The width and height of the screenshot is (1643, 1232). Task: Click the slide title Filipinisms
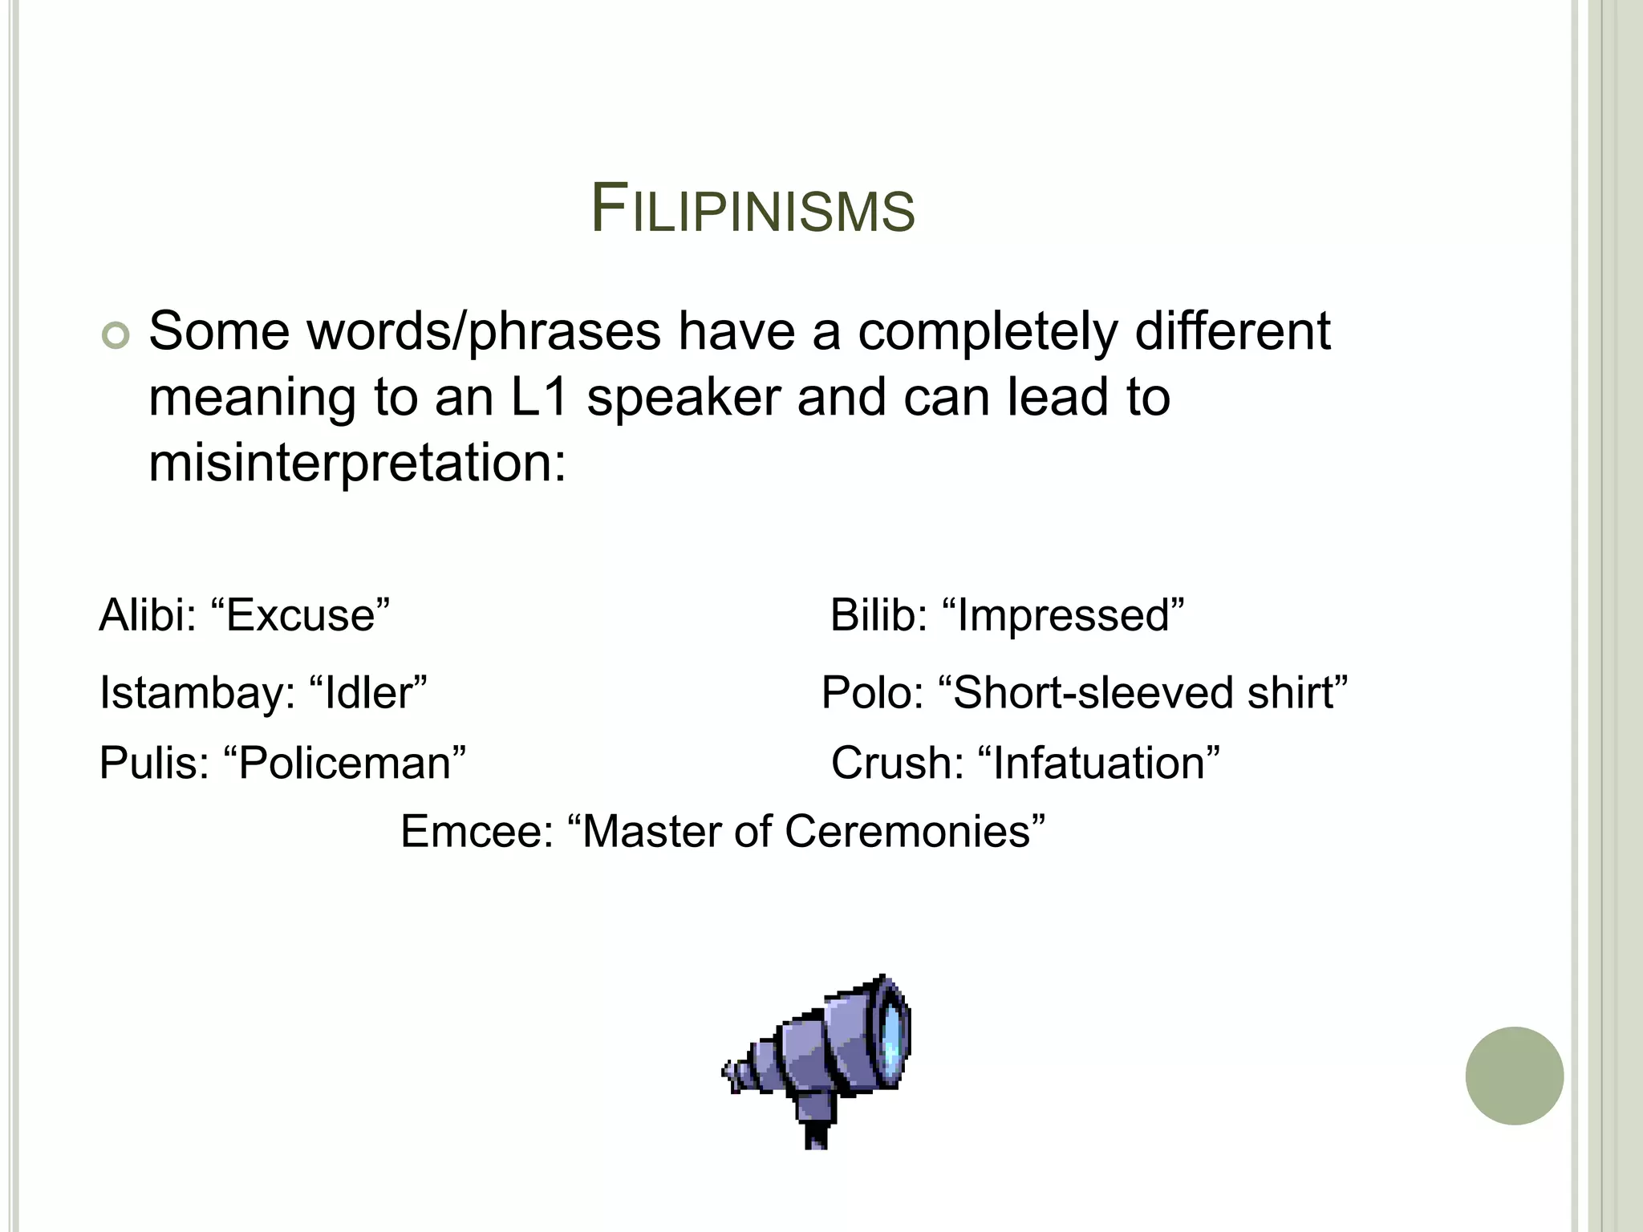pos(753,210)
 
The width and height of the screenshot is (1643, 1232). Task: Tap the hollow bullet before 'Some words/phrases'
pos(116,337)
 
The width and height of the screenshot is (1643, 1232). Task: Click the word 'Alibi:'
pos(148,616)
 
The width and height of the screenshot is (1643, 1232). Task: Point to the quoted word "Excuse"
pos(300,616)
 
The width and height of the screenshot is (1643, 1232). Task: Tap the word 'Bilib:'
pos(878,616)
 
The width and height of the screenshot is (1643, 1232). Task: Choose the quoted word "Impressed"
pos(1063,616)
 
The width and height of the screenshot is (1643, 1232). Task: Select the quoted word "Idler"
pos(367,693)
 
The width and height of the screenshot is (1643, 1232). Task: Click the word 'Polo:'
pos(873,693)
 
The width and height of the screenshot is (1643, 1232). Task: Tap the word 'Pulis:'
pos(153,763)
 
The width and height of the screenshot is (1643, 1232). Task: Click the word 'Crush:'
pos(897,763)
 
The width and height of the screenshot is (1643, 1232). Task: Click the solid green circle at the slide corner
pos(1514,1076)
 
